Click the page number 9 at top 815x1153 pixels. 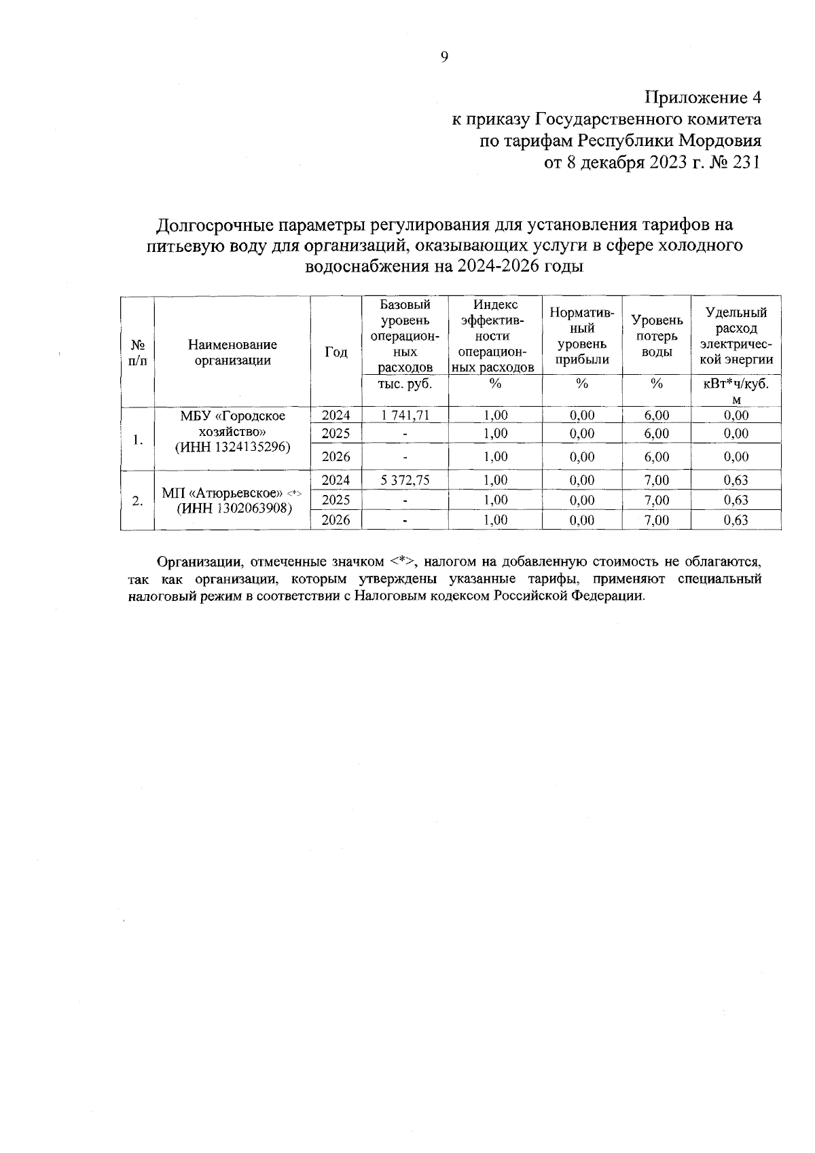point(444,57)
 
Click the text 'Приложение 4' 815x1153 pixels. point(702,97)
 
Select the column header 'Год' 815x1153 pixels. point(336,352)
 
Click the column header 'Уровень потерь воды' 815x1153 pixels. point(657,335)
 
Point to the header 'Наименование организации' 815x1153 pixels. point(232,352)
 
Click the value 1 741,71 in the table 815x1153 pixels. point(405,415)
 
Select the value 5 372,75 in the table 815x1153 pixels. point(405,480)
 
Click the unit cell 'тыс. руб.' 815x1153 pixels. point(405,383)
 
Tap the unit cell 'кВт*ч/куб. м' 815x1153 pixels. point(736,390)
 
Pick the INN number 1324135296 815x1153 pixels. point(249,447)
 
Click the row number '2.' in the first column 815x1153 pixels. point(137,501)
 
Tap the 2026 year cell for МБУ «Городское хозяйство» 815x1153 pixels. point(336,456)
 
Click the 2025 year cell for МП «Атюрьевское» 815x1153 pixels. point(336,500)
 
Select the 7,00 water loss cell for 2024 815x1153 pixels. point(656,480)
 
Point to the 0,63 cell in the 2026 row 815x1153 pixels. point(736,520)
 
